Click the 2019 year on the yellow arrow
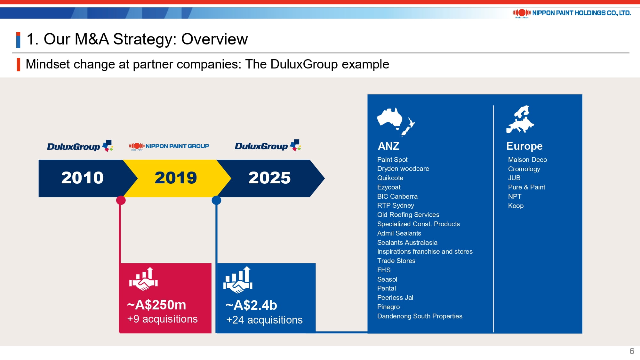[176, 178]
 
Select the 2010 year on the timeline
[82, 178]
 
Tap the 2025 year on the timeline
[269, 178]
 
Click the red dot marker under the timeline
[121, 200]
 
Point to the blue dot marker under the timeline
[216, 200]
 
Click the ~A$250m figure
[156, 305]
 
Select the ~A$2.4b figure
[251, 305]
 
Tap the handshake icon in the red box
[143, 279]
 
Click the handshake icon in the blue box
[238, 280]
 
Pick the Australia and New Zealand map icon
[396, 122]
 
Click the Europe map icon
[520, 119]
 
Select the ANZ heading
[388, 146]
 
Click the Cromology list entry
[524, 169]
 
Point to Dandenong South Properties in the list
[420, 316]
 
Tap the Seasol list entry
[387, 279]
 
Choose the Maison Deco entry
[527, 160]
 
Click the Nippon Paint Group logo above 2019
[169, 146]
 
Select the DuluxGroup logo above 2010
[80, 146]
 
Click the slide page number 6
[632, 351]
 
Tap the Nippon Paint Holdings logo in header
[572, 13]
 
